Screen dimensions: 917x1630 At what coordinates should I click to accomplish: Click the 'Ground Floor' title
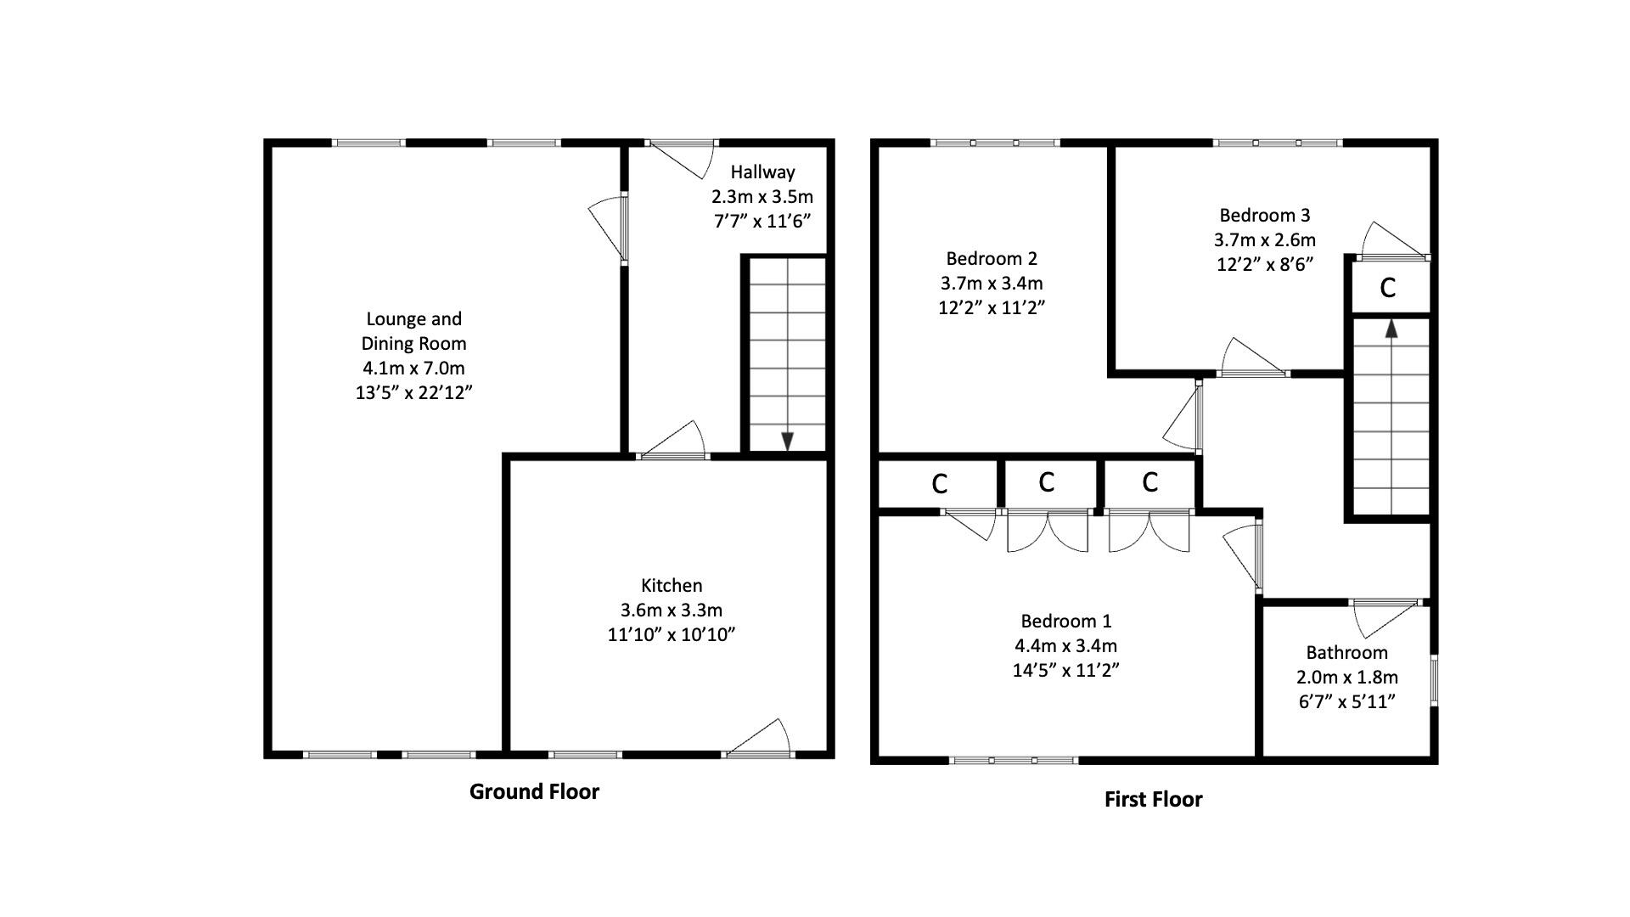534,791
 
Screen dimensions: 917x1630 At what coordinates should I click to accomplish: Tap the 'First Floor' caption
1153,799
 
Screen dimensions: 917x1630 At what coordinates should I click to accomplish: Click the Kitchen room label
672,585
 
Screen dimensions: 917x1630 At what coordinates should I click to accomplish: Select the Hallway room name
762,172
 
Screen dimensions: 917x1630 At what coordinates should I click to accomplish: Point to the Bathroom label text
1346,652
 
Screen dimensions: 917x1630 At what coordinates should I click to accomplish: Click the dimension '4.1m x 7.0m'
413,368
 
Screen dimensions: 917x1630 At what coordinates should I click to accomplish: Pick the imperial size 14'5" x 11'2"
1065,670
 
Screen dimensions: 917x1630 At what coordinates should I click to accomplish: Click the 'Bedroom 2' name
992,258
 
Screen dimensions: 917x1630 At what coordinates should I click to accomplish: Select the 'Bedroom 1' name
1065,621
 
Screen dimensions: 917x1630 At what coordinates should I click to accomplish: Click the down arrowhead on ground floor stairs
787,441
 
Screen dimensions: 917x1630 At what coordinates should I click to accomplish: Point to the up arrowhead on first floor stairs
1391,329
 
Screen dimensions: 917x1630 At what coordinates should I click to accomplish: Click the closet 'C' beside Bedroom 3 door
1388,288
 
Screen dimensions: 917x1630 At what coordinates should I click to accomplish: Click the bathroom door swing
1384,617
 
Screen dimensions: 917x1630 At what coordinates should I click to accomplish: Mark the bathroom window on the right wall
1434,679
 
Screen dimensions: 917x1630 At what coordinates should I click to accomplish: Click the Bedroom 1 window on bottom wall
1013,760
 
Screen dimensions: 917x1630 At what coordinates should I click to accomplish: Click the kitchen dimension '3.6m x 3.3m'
672,610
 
